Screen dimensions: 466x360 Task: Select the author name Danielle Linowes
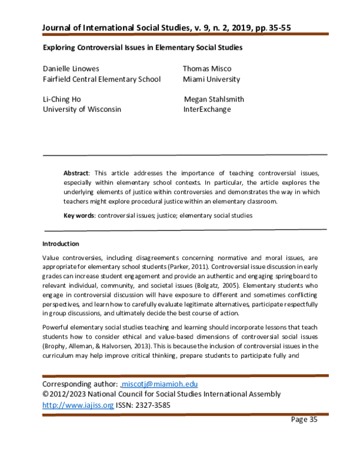tap(71, 69)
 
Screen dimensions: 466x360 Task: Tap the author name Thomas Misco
tap(208, 69)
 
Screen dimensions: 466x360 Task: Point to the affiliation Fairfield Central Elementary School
tap(101, 79)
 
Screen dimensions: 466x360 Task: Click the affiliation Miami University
tap(212, 79)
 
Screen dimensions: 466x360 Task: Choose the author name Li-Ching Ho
tap(62, 99)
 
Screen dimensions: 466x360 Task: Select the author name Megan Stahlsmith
tap(214, 99)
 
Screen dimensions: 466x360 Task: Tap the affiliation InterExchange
tap(207, 109)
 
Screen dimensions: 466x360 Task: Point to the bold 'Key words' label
tap(79, 215)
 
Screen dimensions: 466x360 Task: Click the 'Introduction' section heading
tap(60, 244)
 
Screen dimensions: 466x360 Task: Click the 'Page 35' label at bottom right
tap(304, 420)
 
